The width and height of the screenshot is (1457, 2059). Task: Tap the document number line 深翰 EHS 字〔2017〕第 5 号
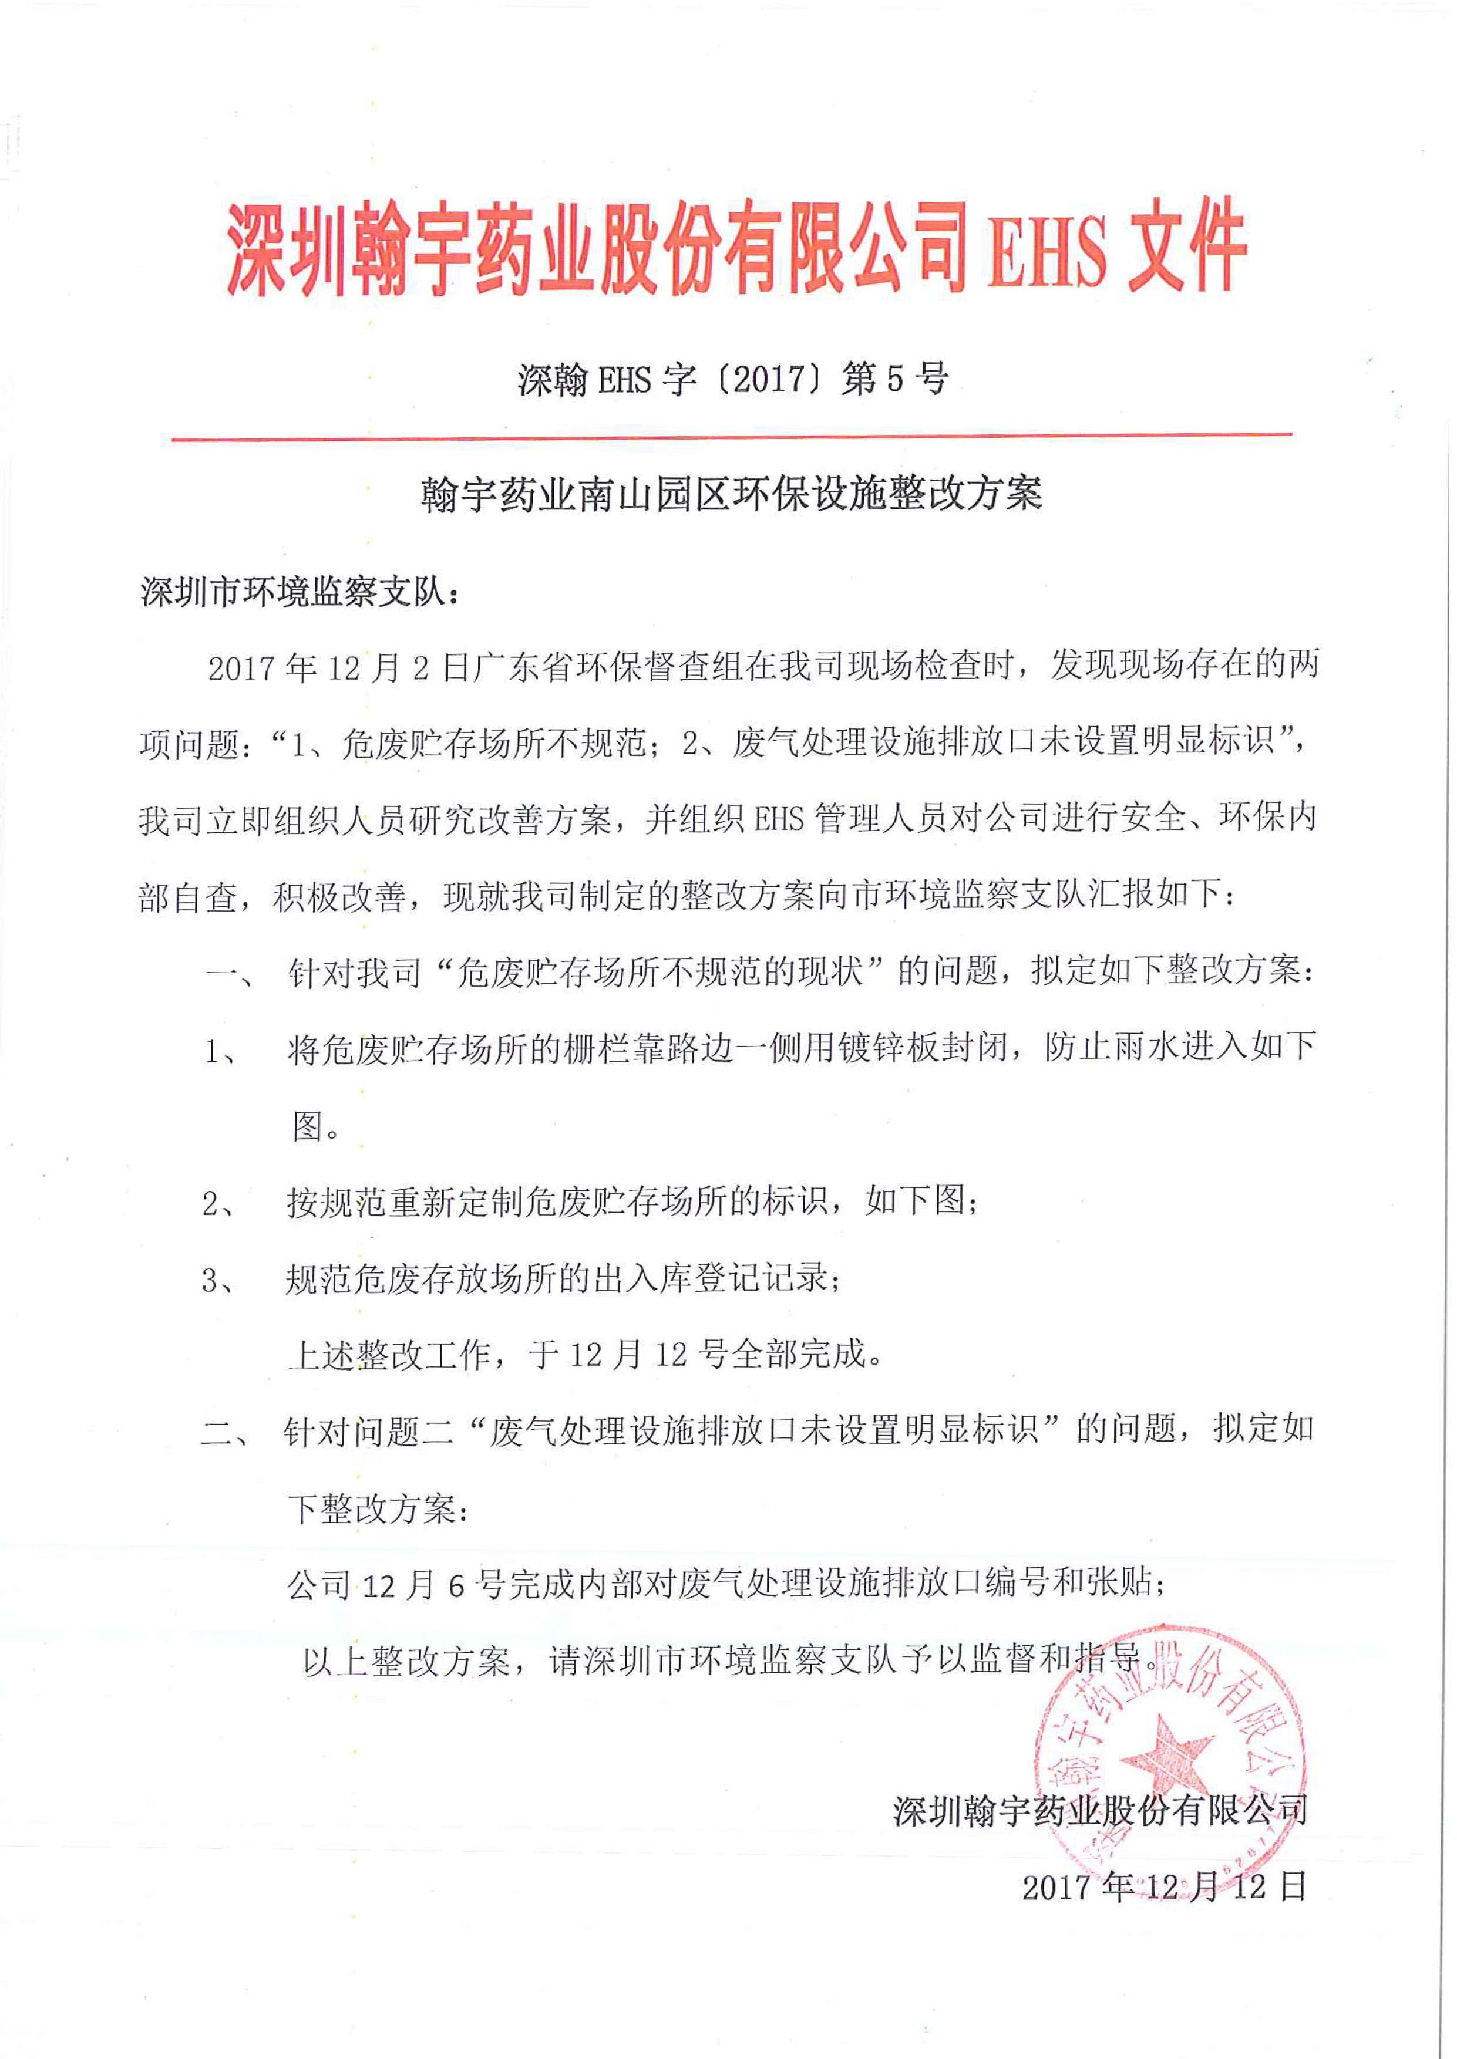click(x=732, y=379)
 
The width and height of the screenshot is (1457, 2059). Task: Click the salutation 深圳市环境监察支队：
click(x=300, y=592)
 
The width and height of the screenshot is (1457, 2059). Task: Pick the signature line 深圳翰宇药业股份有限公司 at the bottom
click(x=1100, y=1811)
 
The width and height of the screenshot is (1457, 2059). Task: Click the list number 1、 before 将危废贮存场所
click(x=221, y=1050)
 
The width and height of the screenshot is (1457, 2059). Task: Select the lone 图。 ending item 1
click(x=316, y=1126)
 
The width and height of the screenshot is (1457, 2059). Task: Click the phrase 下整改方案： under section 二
click(x=378, y=1509)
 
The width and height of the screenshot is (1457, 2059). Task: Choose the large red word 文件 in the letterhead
click(x=1187, y=246)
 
